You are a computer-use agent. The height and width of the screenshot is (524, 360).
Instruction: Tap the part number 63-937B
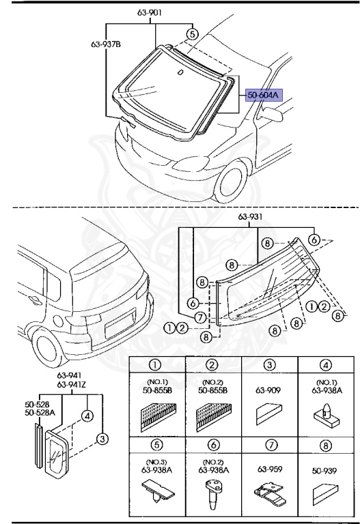(106, 46)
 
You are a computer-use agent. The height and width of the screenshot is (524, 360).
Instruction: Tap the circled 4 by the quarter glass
(87, 413)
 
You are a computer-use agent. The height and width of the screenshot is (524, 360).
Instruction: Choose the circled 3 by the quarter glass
(102, 438)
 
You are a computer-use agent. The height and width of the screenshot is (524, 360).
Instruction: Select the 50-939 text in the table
(322, 471)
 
